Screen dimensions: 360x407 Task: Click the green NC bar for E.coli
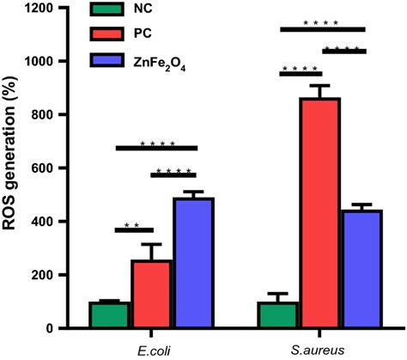109,314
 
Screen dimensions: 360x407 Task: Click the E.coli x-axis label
151,349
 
